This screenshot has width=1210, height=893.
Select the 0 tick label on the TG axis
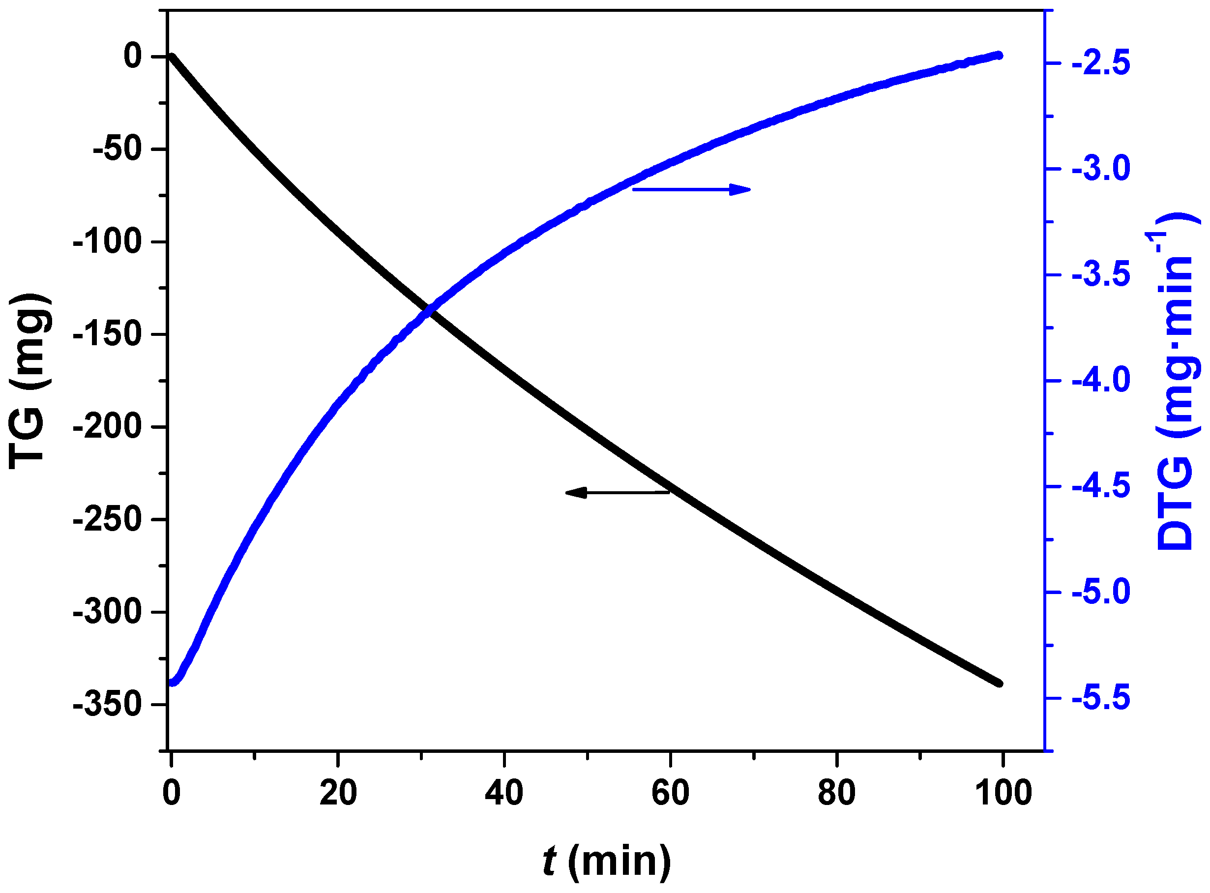click(x=133, y=56)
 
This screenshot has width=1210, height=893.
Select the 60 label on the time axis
click(x=670, y=794)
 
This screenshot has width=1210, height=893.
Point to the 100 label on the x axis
click(x=1003, y=794)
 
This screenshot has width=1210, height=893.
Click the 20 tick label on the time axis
click(x=338, y=794)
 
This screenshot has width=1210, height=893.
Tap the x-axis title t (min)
click(x=607, y=861)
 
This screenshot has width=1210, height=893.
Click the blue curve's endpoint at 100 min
click(x=999, y=56)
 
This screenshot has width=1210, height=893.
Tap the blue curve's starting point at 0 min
click(x=173, y=682)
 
